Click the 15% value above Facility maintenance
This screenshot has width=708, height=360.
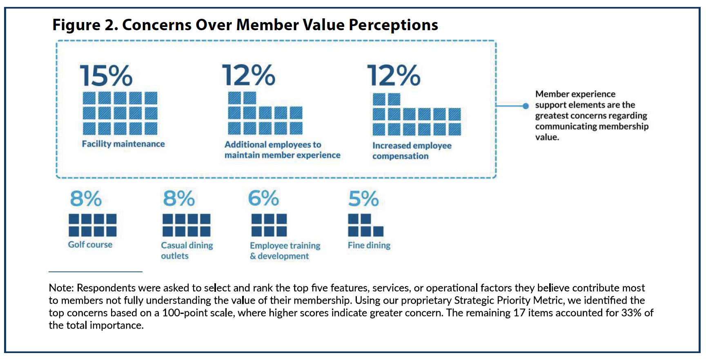click(106, 76)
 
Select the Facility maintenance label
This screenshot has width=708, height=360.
click(123, 144)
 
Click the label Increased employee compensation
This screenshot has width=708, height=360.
click(412, 151)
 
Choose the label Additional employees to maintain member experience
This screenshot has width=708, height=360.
click(282, 150)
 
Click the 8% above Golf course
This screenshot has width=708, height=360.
click(86, 199)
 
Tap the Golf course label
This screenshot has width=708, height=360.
click(90, 244)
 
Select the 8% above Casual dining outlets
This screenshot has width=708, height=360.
click(179, 199)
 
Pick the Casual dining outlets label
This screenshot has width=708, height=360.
click(187, 250)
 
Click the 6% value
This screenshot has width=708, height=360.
click(264, 199)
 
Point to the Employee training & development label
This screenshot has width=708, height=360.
click(285, 251)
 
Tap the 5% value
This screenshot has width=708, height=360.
click(363, 199)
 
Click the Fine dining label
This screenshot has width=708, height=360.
click(369, 245)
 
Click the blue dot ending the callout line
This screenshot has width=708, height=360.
click(526, 106)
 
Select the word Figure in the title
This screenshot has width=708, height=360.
click(76, 25)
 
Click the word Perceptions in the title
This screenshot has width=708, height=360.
click(393, 25)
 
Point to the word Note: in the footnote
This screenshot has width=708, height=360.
click(61, 288)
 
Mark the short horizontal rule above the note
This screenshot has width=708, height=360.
click(96, 272)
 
